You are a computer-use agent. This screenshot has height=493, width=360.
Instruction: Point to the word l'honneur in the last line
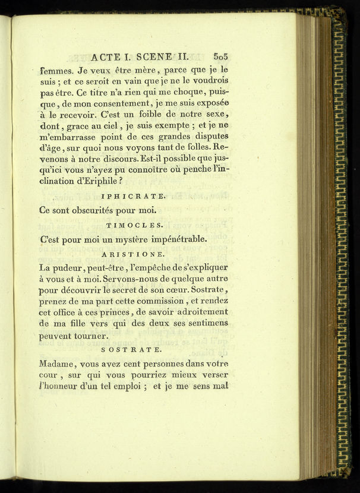click(65, 388)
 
